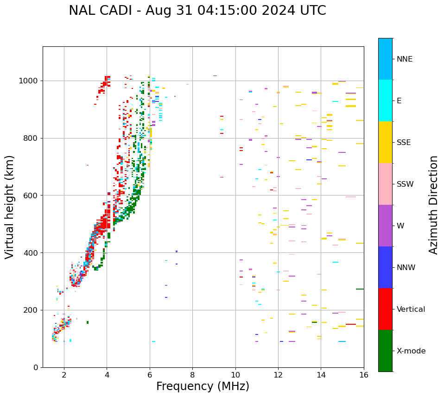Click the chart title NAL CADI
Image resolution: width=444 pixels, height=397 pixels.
click(x=197, y=11)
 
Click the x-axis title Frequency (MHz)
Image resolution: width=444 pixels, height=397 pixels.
click(x=203, y=386)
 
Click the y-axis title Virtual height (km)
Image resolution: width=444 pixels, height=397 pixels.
click(x=10, y=207)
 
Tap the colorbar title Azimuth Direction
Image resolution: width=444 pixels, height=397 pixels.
click(x=433, y=204)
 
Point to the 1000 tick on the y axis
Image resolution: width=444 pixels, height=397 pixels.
click(x=31, y=81)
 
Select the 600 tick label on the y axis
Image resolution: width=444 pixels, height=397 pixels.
click(x=31, y=195)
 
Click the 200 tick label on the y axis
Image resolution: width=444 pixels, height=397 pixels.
click(x=31, y=310)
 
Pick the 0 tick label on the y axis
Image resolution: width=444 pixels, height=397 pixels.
click(x=35, y=367)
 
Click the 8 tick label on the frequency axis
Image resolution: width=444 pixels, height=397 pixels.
click(x=192, y=375)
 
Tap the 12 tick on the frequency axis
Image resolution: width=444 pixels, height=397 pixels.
click(x=278, y=375)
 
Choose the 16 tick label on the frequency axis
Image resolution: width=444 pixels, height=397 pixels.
click(x=363, y=375)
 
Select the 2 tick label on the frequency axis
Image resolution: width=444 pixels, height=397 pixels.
click(x=64, y=375)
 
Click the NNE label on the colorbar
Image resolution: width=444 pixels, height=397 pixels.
click(x=404, y=59)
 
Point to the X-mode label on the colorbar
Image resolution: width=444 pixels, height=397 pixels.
click(x=411, y=351)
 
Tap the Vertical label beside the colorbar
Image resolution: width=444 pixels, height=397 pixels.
click(x=411, y=309)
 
